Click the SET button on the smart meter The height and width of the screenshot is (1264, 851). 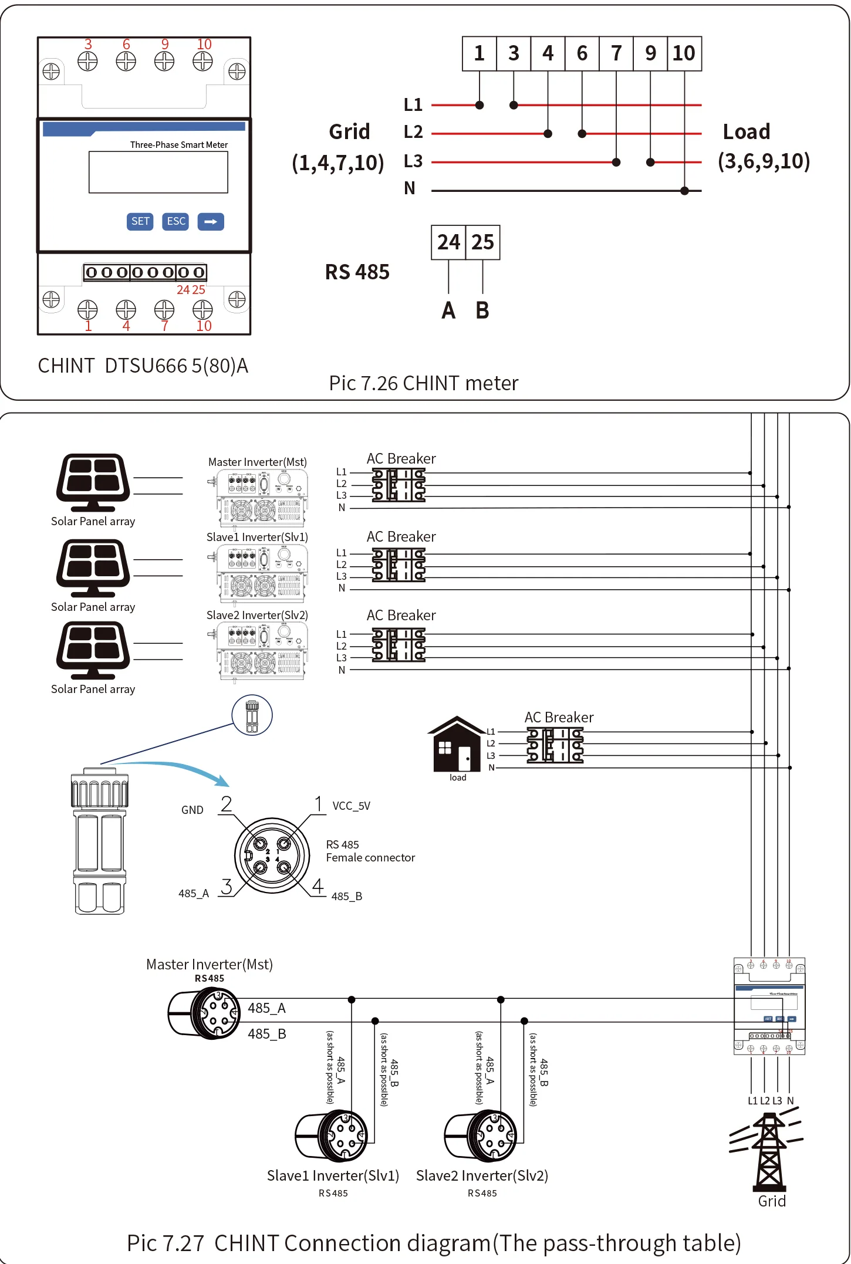tap(140, 221)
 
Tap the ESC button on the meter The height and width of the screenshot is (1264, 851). tap(175, 221)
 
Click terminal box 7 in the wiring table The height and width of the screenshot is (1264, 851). tap(616, 53)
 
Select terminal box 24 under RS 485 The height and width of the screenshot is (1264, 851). tap(448, 242)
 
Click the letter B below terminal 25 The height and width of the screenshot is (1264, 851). tap(482, 310)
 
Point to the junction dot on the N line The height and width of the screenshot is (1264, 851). tap(684, 191)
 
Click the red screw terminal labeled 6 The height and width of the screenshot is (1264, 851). tap(126, 61)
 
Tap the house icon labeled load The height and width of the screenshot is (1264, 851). tap(457, 745)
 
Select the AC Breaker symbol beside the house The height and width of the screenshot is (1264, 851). tap(555, 745)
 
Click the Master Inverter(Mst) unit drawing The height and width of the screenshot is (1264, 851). tap(261, 498)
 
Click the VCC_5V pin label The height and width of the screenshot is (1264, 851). tap(351, 806)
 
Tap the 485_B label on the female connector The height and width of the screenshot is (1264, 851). tap(346, 896)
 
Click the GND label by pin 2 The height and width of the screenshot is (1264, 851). tap(192, 810)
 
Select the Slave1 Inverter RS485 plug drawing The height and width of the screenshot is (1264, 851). tap(332, 1137)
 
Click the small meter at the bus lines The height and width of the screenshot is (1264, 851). tap(769, 1006)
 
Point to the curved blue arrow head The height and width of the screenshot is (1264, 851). tap(222, 781)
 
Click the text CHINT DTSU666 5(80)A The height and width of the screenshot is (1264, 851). tap(143, 366)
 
